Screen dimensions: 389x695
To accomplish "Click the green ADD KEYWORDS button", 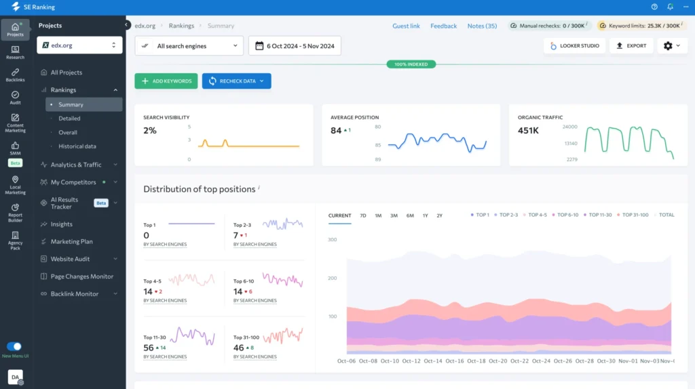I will pos(166,81).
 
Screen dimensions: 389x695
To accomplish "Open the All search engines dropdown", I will pos(189,46).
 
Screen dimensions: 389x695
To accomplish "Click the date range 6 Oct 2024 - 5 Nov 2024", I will pos(295,46).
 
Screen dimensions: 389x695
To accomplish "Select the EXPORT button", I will pos(631,46).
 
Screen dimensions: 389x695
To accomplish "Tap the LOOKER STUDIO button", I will pos(574,46).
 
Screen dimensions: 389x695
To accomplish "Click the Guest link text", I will pos(406,26).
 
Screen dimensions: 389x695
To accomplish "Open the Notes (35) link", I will pos(482,26).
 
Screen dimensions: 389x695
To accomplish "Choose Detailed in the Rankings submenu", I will pos(69,119).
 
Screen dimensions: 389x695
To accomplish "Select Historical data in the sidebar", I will pos(77,146).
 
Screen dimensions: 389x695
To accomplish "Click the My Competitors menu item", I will pos(73,182).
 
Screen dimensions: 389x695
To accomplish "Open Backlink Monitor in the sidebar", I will pos(75,294).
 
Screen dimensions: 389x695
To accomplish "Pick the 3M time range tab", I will pos(394,216).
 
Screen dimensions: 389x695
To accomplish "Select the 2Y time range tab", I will pos(439,216).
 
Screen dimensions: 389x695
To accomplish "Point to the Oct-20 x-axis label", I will pos(498,361).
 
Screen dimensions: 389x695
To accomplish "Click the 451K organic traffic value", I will pos(528,131).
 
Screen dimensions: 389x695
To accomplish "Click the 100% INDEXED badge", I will pos(411,64).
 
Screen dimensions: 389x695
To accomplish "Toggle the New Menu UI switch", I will pos(14,346).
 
